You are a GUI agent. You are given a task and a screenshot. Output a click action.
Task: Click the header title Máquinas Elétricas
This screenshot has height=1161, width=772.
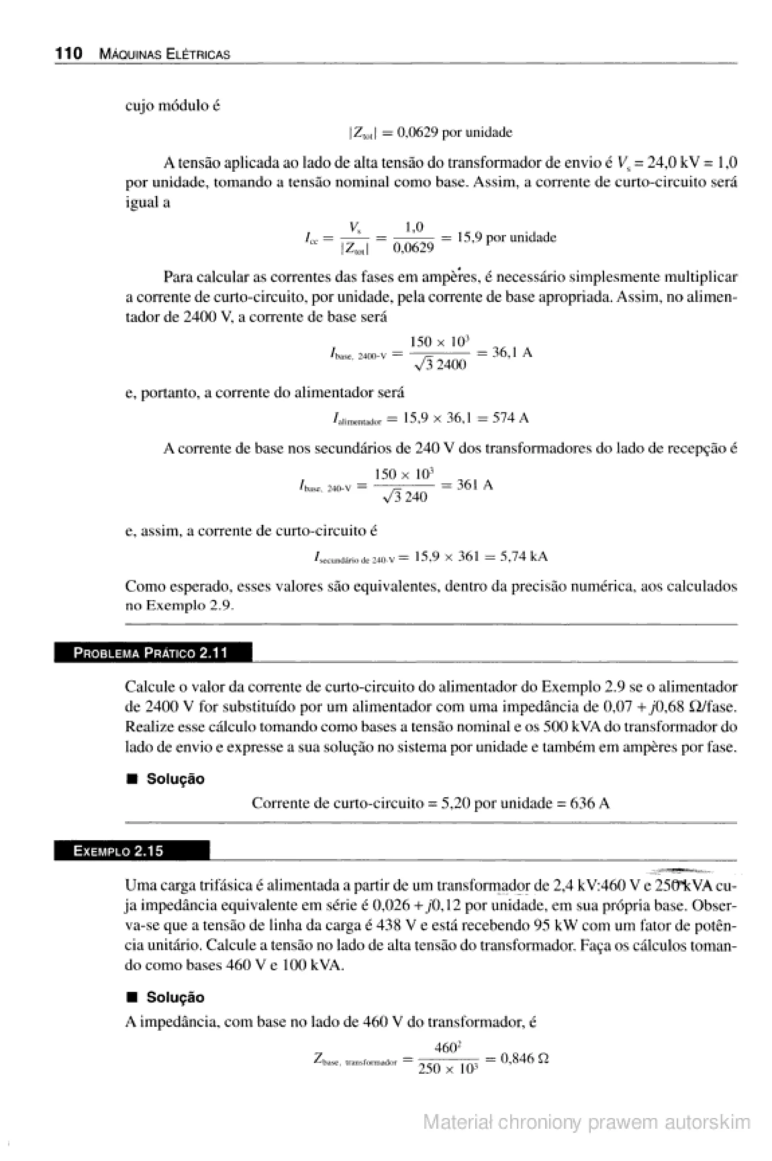pos(164,54)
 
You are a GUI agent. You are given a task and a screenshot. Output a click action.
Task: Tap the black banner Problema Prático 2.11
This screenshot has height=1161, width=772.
pos(153,653)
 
